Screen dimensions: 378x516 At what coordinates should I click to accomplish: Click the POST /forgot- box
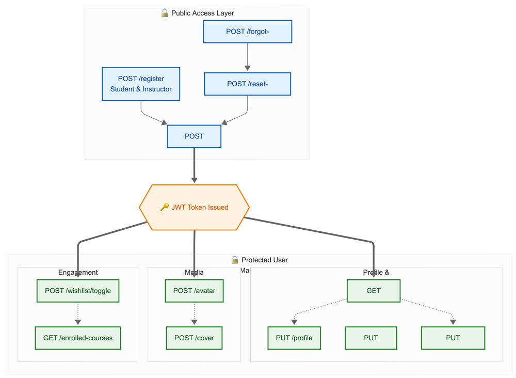coord(248,31)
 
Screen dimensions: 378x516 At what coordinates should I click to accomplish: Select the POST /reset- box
coord(248,84)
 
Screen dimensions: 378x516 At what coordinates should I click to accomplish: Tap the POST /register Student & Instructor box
coord(141,84)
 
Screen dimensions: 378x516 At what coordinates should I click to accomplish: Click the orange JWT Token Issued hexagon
coord(194,207)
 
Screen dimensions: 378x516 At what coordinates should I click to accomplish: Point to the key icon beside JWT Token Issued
coord(164,207)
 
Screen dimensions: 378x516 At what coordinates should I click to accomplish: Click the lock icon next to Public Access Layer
coord(165,13)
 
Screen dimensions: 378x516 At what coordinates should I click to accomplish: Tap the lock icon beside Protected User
coord(235,260)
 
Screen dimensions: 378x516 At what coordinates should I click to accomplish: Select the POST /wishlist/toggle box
coord(78,291)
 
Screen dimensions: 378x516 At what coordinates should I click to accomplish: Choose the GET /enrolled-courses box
coord(78,338)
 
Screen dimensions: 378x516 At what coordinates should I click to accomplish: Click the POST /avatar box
coord(194,291)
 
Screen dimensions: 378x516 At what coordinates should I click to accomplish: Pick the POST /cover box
coord(194,338)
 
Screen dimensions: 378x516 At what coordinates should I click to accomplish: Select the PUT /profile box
coord(294,338)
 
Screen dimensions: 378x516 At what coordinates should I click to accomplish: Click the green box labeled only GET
coord(373,291)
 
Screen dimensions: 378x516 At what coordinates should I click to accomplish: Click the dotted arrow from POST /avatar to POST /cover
coord(194,314)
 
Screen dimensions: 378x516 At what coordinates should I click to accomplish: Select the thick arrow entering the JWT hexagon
coord(194,165)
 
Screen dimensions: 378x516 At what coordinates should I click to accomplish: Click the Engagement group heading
coord(78,272)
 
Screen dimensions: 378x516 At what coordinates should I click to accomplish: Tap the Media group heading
coord(194,272)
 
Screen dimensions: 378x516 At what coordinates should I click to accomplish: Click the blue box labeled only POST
coord(194,136)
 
